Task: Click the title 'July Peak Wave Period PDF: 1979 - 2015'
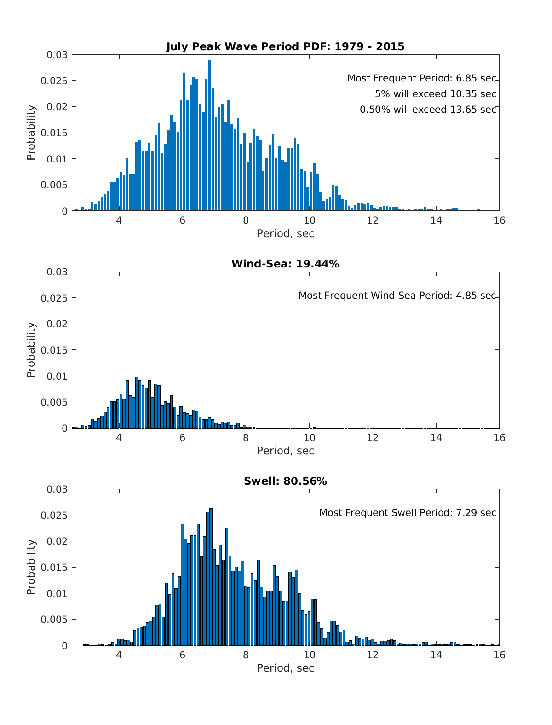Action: (285, 46)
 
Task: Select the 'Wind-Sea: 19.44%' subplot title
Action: (285, 264)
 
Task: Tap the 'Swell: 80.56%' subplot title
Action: (285, 481)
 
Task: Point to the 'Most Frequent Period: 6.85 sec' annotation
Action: (421, 78)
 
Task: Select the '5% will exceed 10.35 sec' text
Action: (435, 94)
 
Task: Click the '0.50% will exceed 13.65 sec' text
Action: (428, 110)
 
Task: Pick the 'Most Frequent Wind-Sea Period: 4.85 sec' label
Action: (397, 296)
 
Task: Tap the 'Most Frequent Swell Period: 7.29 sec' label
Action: (408, 513)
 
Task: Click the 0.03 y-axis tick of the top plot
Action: (57, 55)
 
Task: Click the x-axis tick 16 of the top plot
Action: (500, 220)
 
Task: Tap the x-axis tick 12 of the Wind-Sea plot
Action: (373, 438)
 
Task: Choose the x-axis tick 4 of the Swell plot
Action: (119, 655)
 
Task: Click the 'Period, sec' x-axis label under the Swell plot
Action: (285, 668)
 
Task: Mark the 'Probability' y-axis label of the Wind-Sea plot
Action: (31, 350)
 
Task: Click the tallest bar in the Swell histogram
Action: (211, 577)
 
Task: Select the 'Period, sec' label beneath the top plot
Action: (285, 233)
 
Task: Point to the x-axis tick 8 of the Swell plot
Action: (246, 655)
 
